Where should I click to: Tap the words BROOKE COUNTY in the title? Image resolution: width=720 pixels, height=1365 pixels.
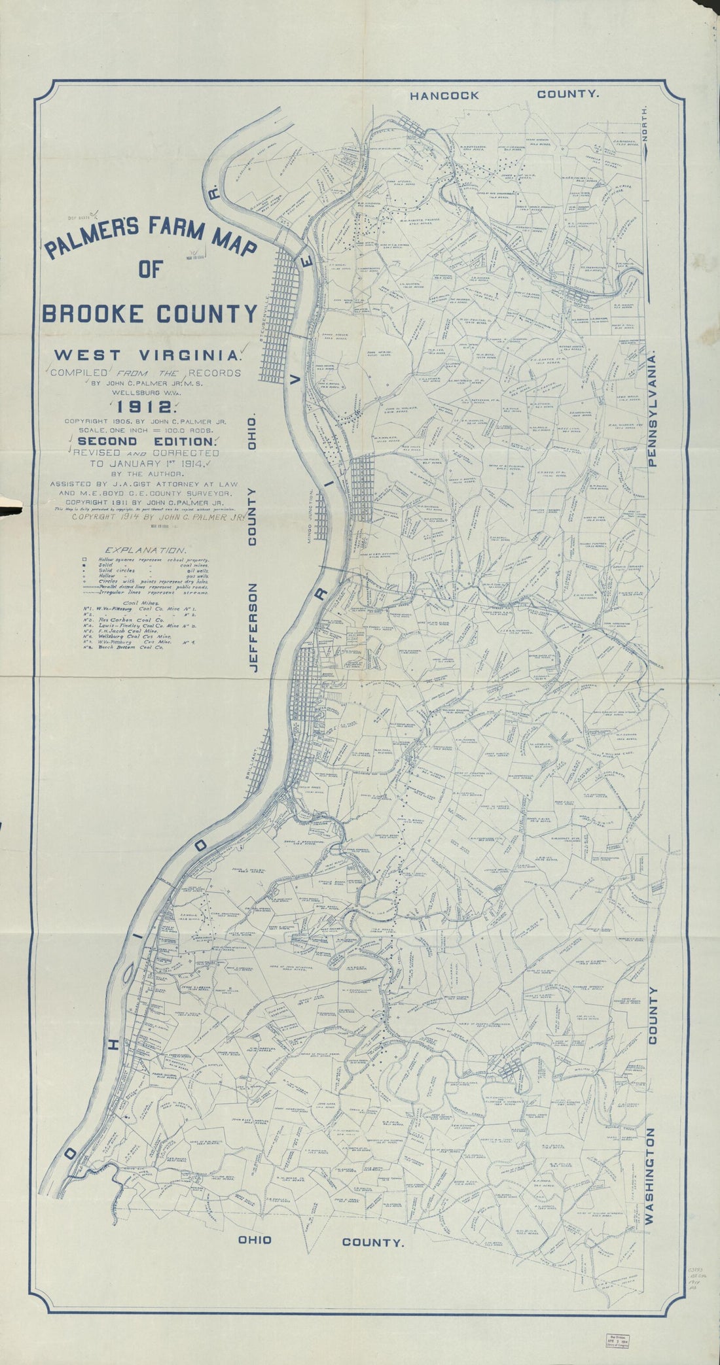pyautogui.click(x=149, y=314)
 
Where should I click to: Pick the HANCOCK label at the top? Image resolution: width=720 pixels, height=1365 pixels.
pyautogui.click(x=444, y=95)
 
